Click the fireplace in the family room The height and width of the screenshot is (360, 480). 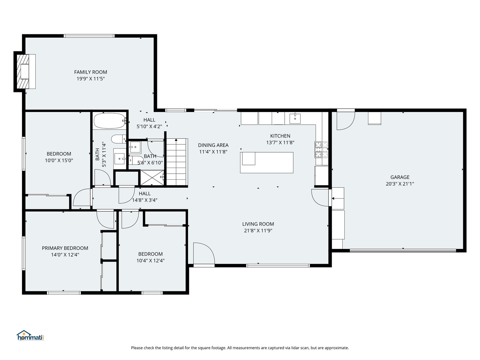(24, 71)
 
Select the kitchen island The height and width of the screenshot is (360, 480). (267, 163)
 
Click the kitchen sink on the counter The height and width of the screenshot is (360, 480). (295, 118)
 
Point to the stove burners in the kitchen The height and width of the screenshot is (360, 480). (321, 150)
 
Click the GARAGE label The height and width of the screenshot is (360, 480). (400, 177)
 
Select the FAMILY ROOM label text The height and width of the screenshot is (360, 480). (91, 72)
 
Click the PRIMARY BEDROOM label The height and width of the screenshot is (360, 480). (65, 248)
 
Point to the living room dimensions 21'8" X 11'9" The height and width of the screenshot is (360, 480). (258, 231)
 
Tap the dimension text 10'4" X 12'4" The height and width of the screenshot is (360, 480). (150, 261)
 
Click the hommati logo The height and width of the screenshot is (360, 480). (31, 335)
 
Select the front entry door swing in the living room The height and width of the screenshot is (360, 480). (204, 254)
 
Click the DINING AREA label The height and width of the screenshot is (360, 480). (213, 145)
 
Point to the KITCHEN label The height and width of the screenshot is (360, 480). (280, 136)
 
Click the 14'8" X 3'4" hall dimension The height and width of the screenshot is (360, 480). (145, 200)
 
